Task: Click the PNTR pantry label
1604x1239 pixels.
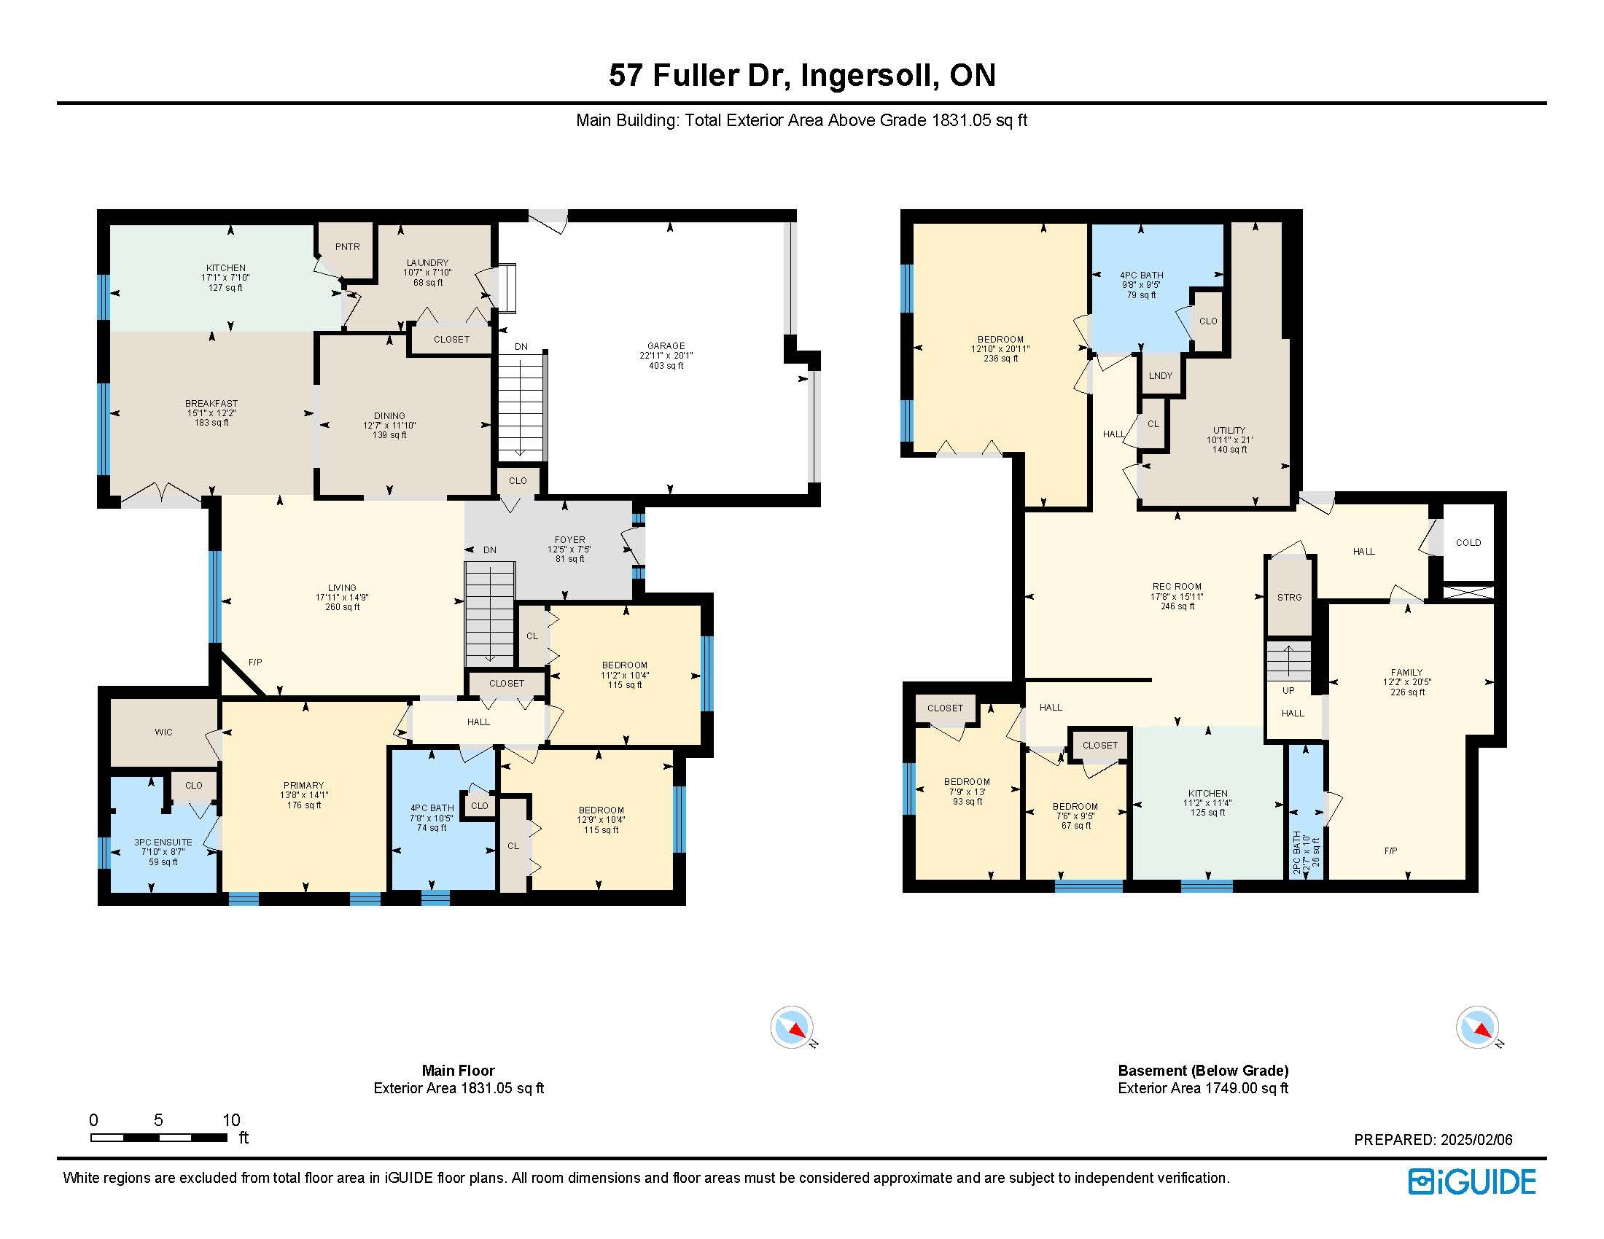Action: coord(347,246)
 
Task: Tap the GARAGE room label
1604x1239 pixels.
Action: coord(666,345)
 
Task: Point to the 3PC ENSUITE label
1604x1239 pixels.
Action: coord(163,842)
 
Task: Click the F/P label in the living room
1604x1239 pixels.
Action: coord(255,662)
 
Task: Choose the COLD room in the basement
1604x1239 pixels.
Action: coord(1468,542)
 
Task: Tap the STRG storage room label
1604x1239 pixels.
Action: coord(1289,597)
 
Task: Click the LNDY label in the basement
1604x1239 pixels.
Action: coord(1161,375)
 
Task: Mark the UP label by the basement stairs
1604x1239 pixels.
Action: coord(1288,690)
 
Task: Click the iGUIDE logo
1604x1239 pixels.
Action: coord(1472,1181)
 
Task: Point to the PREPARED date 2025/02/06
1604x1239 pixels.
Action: coord(1433,1139)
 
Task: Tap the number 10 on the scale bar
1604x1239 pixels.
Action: coord(231,1119)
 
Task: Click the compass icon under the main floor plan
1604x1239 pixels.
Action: coord(793,1027)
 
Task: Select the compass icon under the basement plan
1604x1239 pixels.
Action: coord(1478,1027)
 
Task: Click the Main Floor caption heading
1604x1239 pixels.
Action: coord(459,1070)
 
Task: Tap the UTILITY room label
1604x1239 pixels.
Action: coord(1229,430)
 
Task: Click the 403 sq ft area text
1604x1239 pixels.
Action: coord(666,366)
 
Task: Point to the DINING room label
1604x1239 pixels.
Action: coord(389,415)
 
